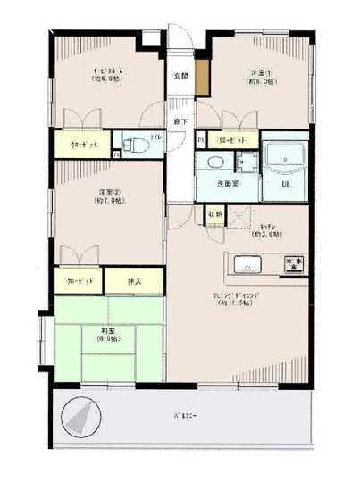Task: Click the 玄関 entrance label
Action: tap(180, 76)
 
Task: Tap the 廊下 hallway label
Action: tap(180, 120)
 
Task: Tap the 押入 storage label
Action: tap(135, 280)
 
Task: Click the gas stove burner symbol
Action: tap(293, 264)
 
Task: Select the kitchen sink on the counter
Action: tap(247, 264)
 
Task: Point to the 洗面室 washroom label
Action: tap(228, 183)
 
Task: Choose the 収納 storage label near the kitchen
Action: tap(215, 214)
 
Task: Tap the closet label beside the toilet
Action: tap(87, 144)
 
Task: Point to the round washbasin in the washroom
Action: tap(214, 163)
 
